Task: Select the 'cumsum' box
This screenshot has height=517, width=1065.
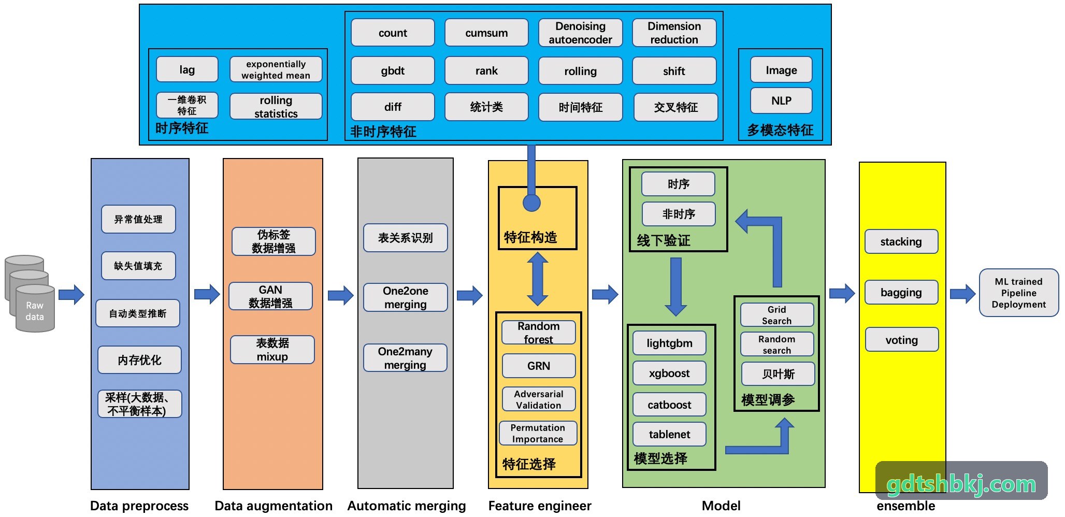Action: (x=486, y=33)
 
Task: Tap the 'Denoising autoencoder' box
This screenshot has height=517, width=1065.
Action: (x=580, y=33)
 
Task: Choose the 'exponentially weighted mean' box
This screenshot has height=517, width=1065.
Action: (x=276, y=69)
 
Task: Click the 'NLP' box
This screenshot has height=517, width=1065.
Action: (x=781, y=100)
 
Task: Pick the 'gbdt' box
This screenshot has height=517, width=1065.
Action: (x=393, y=70)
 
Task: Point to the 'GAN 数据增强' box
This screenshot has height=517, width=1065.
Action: (x=270, y=296)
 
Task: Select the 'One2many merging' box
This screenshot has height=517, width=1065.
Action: (x=405, y=358)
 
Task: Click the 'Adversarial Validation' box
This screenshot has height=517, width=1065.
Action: (x=539, y=399)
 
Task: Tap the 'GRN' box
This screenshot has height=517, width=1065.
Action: (x=539, y=366)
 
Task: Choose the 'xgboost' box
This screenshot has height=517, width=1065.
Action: (x=669, y=373)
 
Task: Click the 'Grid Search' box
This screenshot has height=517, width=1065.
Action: (x=777, y=315)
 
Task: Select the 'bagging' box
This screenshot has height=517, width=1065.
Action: (x=901, y=292)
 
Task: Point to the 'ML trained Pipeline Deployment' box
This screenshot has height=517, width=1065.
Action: (x=1018, y=293)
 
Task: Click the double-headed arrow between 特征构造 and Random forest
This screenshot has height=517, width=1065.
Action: (x=538, y=279)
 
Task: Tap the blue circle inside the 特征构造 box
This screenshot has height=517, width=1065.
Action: (x=531, y=203)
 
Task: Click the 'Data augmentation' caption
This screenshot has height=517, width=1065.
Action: (x=274, y=506)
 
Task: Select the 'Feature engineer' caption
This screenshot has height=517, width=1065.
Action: (x=540, y=506)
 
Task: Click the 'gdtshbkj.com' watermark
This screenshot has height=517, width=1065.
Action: (x=961, y=484)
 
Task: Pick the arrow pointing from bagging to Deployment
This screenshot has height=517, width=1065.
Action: (x=963, y=294)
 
